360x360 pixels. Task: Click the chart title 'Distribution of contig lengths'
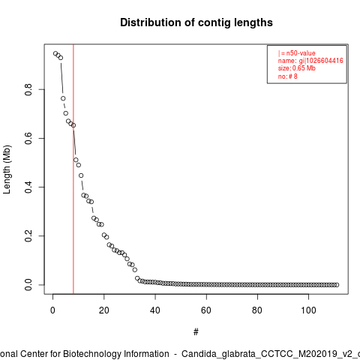pyautogui.click(x=196, y=22)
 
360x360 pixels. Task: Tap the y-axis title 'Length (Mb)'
pyautogui.click(x=7, y=169)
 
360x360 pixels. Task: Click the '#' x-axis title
pyautogui.click(x=196, y=332)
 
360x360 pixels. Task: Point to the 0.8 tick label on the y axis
pyautogui.click(x=28, y=89)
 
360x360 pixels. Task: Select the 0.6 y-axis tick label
pyautogui.click(x=28, y=138)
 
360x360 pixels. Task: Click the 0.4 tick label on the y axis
pyautogui.click(x=28, y=187)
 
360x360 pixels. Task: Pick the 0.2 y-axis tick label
pyautogui.click(x=28, y=235)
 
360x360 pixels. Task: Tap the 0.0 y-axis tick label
pyautogui.click(x=28, y=285)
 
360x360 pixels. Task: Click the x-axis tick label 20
pyautogui.click(x=104, y=310)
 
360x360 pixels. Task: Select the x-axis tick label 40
pyautogui.click(x=155, y=310)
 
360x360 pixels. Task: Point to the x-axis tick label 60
pyautogui.click(x=206, y=310)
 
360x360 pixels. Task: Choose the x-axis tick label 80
pyautogui.click(x=257, y=310)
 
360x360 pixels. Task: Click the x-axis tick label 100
pyautogui.click(x=308, y=310)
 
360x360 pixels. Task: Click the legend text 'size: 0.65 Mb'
pyautogui.click(x=297, y=68)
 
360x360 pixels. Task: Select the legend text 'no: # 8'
pyautogui.click(x=288, y=76)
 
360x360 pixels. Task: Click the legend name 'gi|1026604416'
pyautogui.click(x=321, y=61)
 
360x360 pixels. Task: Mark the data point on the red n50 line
pyautogui.click(x=73, y=125)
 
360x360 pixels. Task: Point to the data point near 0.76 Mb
pyautogui.click(x=63, y=98)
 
